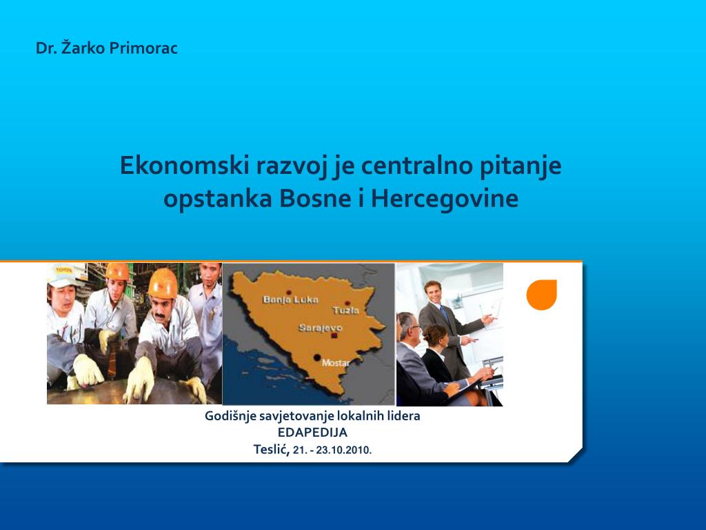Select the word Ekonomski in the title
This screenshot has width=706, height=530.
(185, 165)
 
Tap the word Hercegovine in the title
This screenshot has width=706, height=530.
(445, 198)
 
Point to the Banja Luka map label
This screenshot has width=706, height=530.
(290, 300)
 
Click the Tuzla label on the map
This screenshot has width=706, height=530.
(346, 310)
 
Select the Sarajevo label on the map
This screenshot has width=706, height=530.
(321, 328)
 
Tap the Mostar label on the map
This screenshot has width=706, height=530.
(336, 362)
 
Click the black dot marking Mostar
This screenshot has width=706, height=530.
(317, 358)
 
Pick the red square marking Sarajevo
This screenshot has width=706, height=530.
(334, 336)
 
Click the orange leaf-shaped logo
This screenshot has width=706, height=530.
(542, 295)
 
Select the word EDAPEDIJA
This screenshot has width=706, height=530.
(312, 433)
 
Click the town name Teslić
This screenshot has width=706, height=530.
(272, 449)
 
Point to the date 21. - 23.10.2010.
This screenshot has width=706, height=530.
(332, 450)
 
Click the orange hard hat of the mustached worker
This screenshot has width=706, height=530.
(163, 284)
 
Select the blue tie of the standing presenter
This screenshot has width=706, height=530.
(445, 313)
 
